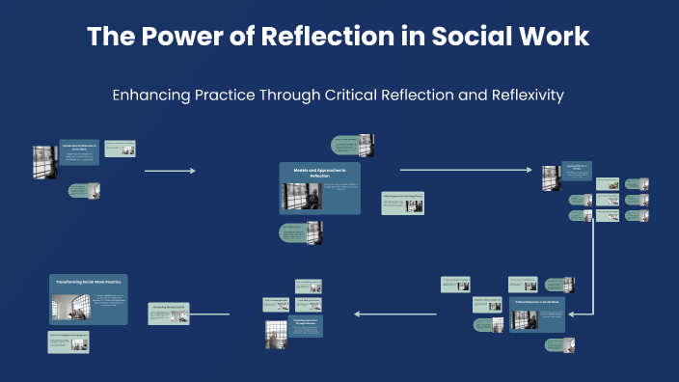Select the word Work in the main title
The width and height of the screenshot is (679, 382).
552,38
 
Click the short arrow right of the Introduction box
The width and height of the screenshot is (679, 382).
170,171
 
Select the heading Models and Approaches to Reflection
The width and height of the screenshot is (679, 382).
319,172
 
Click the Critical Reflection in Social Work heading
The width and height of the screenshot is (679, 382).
537,303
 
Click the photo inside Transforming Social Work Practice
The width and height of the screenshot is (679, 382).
71,307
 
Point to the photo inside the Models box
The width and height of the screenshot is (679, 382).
294,196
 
